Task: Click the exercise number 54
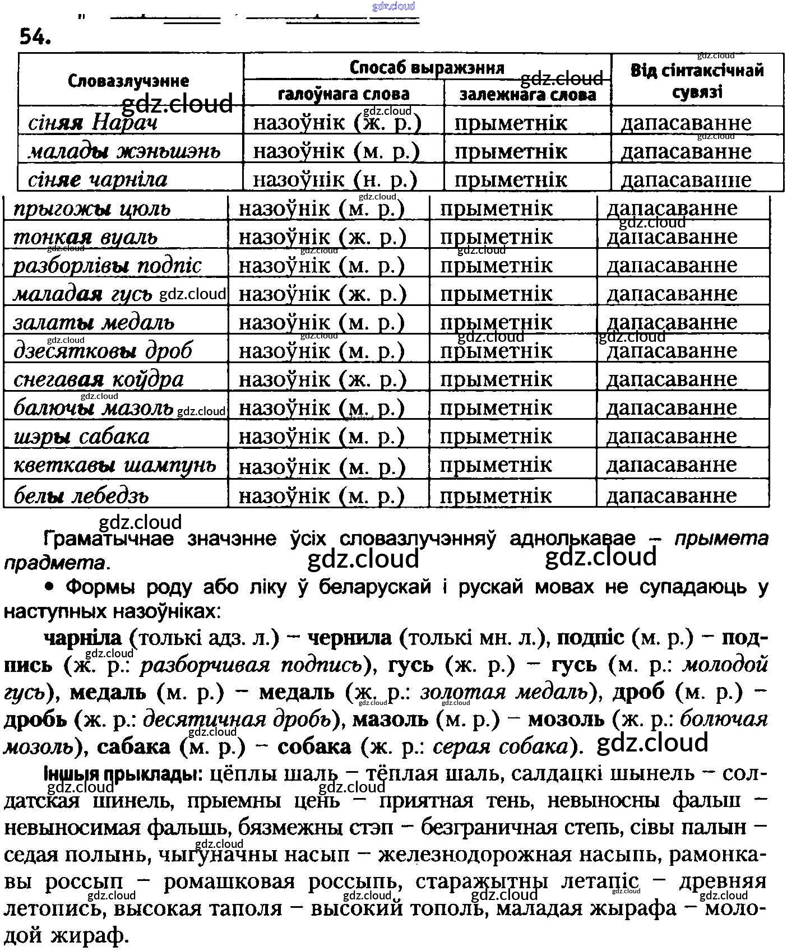coord(35,37)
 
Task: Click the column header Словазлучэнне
coord(128,81)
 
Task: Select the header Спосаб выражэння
coord(427,68)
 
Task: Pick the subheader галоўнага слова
coord(344,94)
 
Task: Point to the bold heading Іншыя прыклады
coord(121,774)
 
